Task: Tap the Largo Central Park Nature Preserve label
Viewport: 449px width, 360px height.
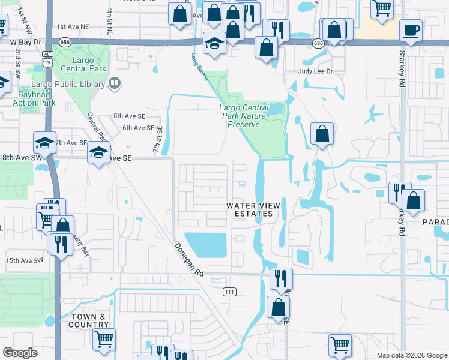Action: point(243,116)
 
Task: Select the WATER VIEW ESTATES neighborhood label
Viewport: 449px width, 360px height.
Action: point(253,209)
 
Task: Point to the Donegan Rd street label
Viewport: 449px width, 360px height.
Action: point(189,259)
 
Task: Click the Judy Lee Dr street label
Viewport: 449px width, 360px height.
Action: point(316,71)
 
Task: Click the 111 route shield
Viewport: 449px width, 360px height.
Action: point(229,292)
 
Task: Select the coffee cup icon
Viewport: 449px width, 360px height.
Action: point(411,30)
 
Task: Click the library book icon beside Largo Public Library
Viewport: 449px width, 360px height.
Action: point(115,83)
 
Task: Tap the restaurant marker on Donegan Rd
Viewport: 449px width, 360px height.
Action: point(281,278)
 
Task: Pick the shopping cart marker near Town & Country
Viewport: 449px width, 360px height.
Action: point(104,338)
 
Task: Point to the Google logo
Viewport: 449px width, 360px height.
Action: point(20,353)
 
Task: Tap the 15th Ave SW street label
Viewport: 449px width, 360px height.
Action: point(25,260)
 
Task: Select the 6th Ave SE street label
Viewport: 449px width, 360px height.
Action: point(139,128)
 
